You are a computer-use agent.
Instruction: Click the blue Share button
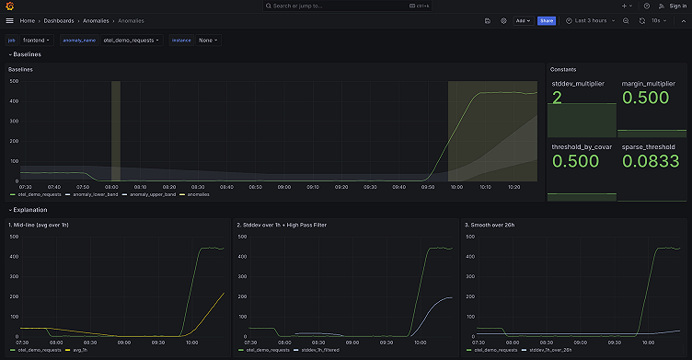(546, 20)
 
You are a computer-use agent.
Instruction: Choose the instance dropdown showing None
(208, 41)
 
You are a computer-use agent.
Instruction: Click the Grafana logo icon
(10, 6)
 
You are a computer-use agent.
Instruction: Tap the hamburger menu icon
(10, 20)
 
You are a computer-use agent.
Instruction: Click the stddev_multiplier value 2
(557, 97)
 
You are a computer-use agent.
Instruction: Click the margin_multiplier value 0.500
(648, 97)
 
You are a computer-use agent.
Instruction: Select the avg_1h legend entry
(85, 350)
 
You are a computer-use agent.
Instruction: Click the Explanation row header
(33, 210)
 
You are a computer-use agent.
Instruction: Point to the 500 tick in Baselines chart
(14, 81)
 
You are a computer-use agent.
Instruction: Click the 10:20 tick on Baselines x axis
(513, 186)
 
